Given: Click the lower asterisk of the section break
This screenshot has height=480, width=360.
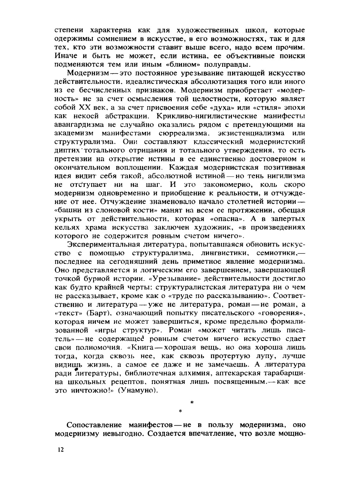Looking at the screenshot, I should [x=180, y=411].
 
